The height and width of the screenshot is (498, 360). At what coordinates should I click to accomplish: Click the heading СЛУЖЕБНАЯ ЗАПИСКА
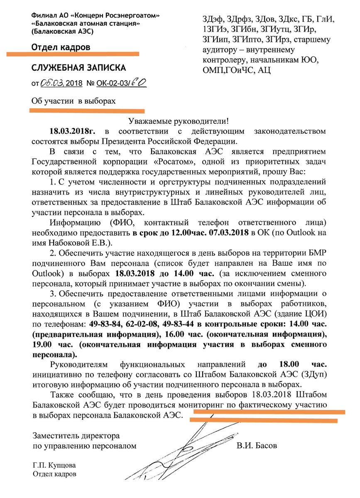pyautogui.click(x=78, y=68)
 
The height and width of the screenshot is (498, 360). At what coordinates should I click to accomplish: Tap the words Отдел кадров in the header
pyautogui.click(x=61, y=48)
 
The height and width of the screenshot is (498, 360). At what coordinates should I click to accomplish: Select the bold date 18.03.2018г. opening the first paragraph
pyautogui.click(x=75, y=131)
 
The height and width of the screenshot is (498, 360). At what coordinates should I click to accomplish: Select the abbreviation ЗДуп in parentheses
pyautogui.click(x=316, y=374)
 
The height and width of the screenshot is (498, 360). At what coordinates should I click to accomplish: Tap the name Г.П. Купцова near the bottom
pyautogui.click(x=54, y=465)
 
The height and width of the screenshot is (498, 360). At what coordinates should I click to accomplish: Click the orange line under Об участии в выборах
pyautogui.click(x=87, y=111)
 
